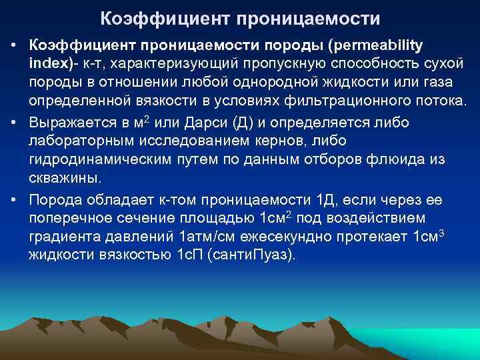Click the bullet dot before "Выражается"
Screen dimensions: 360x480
pos(13,123)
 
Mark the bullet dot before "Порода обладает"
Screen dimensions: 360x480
pos(13,200)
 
